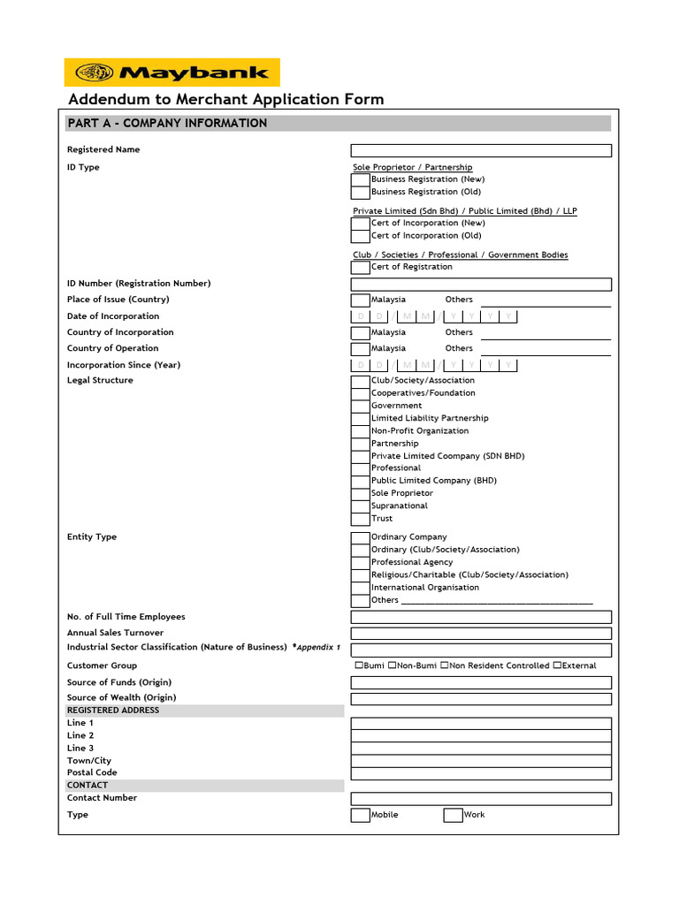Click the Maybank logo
(x=172, y=72)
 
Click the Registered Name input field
(x=481, y=150)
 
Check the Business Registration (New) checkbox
(x=360, y=179)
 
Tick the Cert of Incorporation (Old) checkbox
(x=360, y=236)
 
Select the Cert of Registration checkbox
(x=360, y=267)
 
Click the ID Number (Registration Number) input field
(x=481, y=285)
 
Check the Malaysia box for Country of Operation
(x=360, y=349)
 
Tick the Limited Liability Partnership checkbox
(x=360, y=419)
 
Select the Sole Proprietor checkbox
(x=360, y=494)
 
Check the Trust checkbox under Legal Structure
(x=360, y=519)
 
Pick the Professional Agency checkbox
(x=360, y=563)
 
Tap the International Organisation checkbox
(x=360, y=588)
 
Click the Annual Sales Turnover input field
(x=481, y=634)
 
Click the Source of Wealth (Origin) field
(x=481, y=699)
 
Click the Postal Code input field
(x=481, y=773)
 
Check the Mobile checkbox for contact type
(x=360, y=815)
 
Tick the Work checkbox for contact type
(x=453, y=815)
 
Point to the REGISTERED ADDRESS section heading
(x=113, y=711)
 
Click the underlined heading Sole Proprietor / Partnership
(x=412, y=167)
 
